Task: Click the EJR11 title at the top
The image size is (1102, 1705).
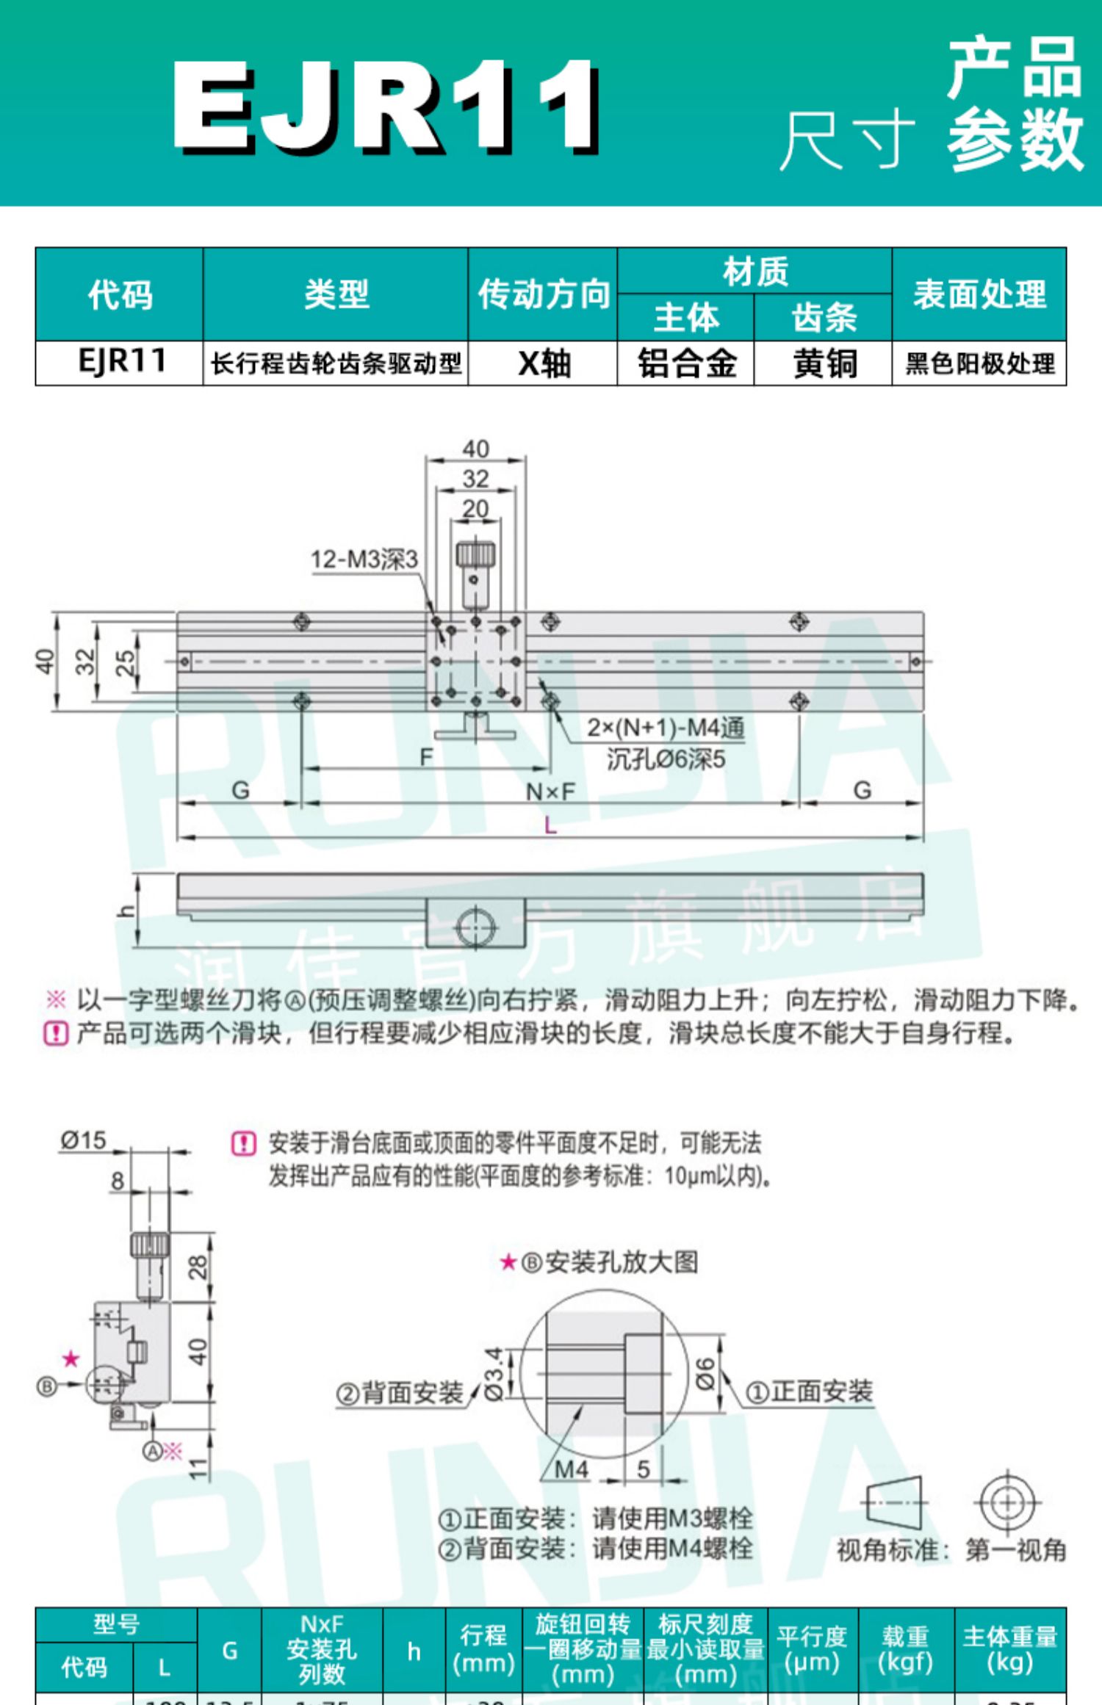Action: pyautogui.click(x=386, y=106)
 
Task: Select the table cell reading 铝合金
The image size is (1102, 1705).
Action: pyautogui.click(x=686, y=363)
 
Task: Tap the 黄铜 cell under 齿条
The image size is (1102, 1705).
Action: pyautogui.click(x=824, y=363)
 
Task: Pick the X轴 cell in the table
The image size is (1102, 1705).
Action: pyautogui.click(x=543, y=363)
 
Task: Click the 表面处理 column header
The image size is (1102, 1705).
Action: pyautogui.click(x=979, y=294)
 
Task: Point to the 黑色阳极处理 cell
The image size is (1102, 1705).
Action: pyautogui.click(x=979, y=363)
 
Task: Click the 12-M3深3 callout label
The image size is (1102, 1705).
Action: pyautogui.click(x=364, y=560)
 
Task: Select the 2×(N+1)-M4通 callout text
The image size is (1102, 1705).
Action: pyautogui.click(x=666, y=728)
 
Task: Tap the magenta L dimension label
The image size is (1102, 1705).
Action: pyautogui.click(x=550, y=825)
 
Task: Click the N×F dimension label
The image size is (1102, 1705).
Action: pyautogui.click(x=550, y=792)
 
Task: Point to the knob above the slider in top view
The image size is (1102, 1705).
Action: pyautogui.click(x=476, y=555)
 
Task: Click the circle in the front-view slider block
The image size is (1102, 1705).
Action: pyautogui.click(x=475, y=927)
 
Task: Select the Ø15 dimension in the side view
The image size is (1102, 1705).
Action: pyautogui.click(x=83, y=1140)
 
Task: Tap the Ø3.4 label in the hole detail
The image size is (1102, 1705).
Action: pyautogui.click(x=494, y=1373)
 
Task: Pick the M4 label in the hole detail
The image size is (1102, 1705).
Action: pyautogui.click(x=571, y=1469)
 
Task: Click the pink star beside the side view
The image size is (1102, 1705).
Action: pyautogui.click(x=71, y=1358)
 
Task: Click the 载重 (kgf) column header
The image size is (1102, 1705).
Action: pyautogui.click(x=905, y=1649)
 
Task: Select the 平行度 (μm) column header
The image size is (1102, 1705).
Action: pyautogui.click(x=812, y=1649)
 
